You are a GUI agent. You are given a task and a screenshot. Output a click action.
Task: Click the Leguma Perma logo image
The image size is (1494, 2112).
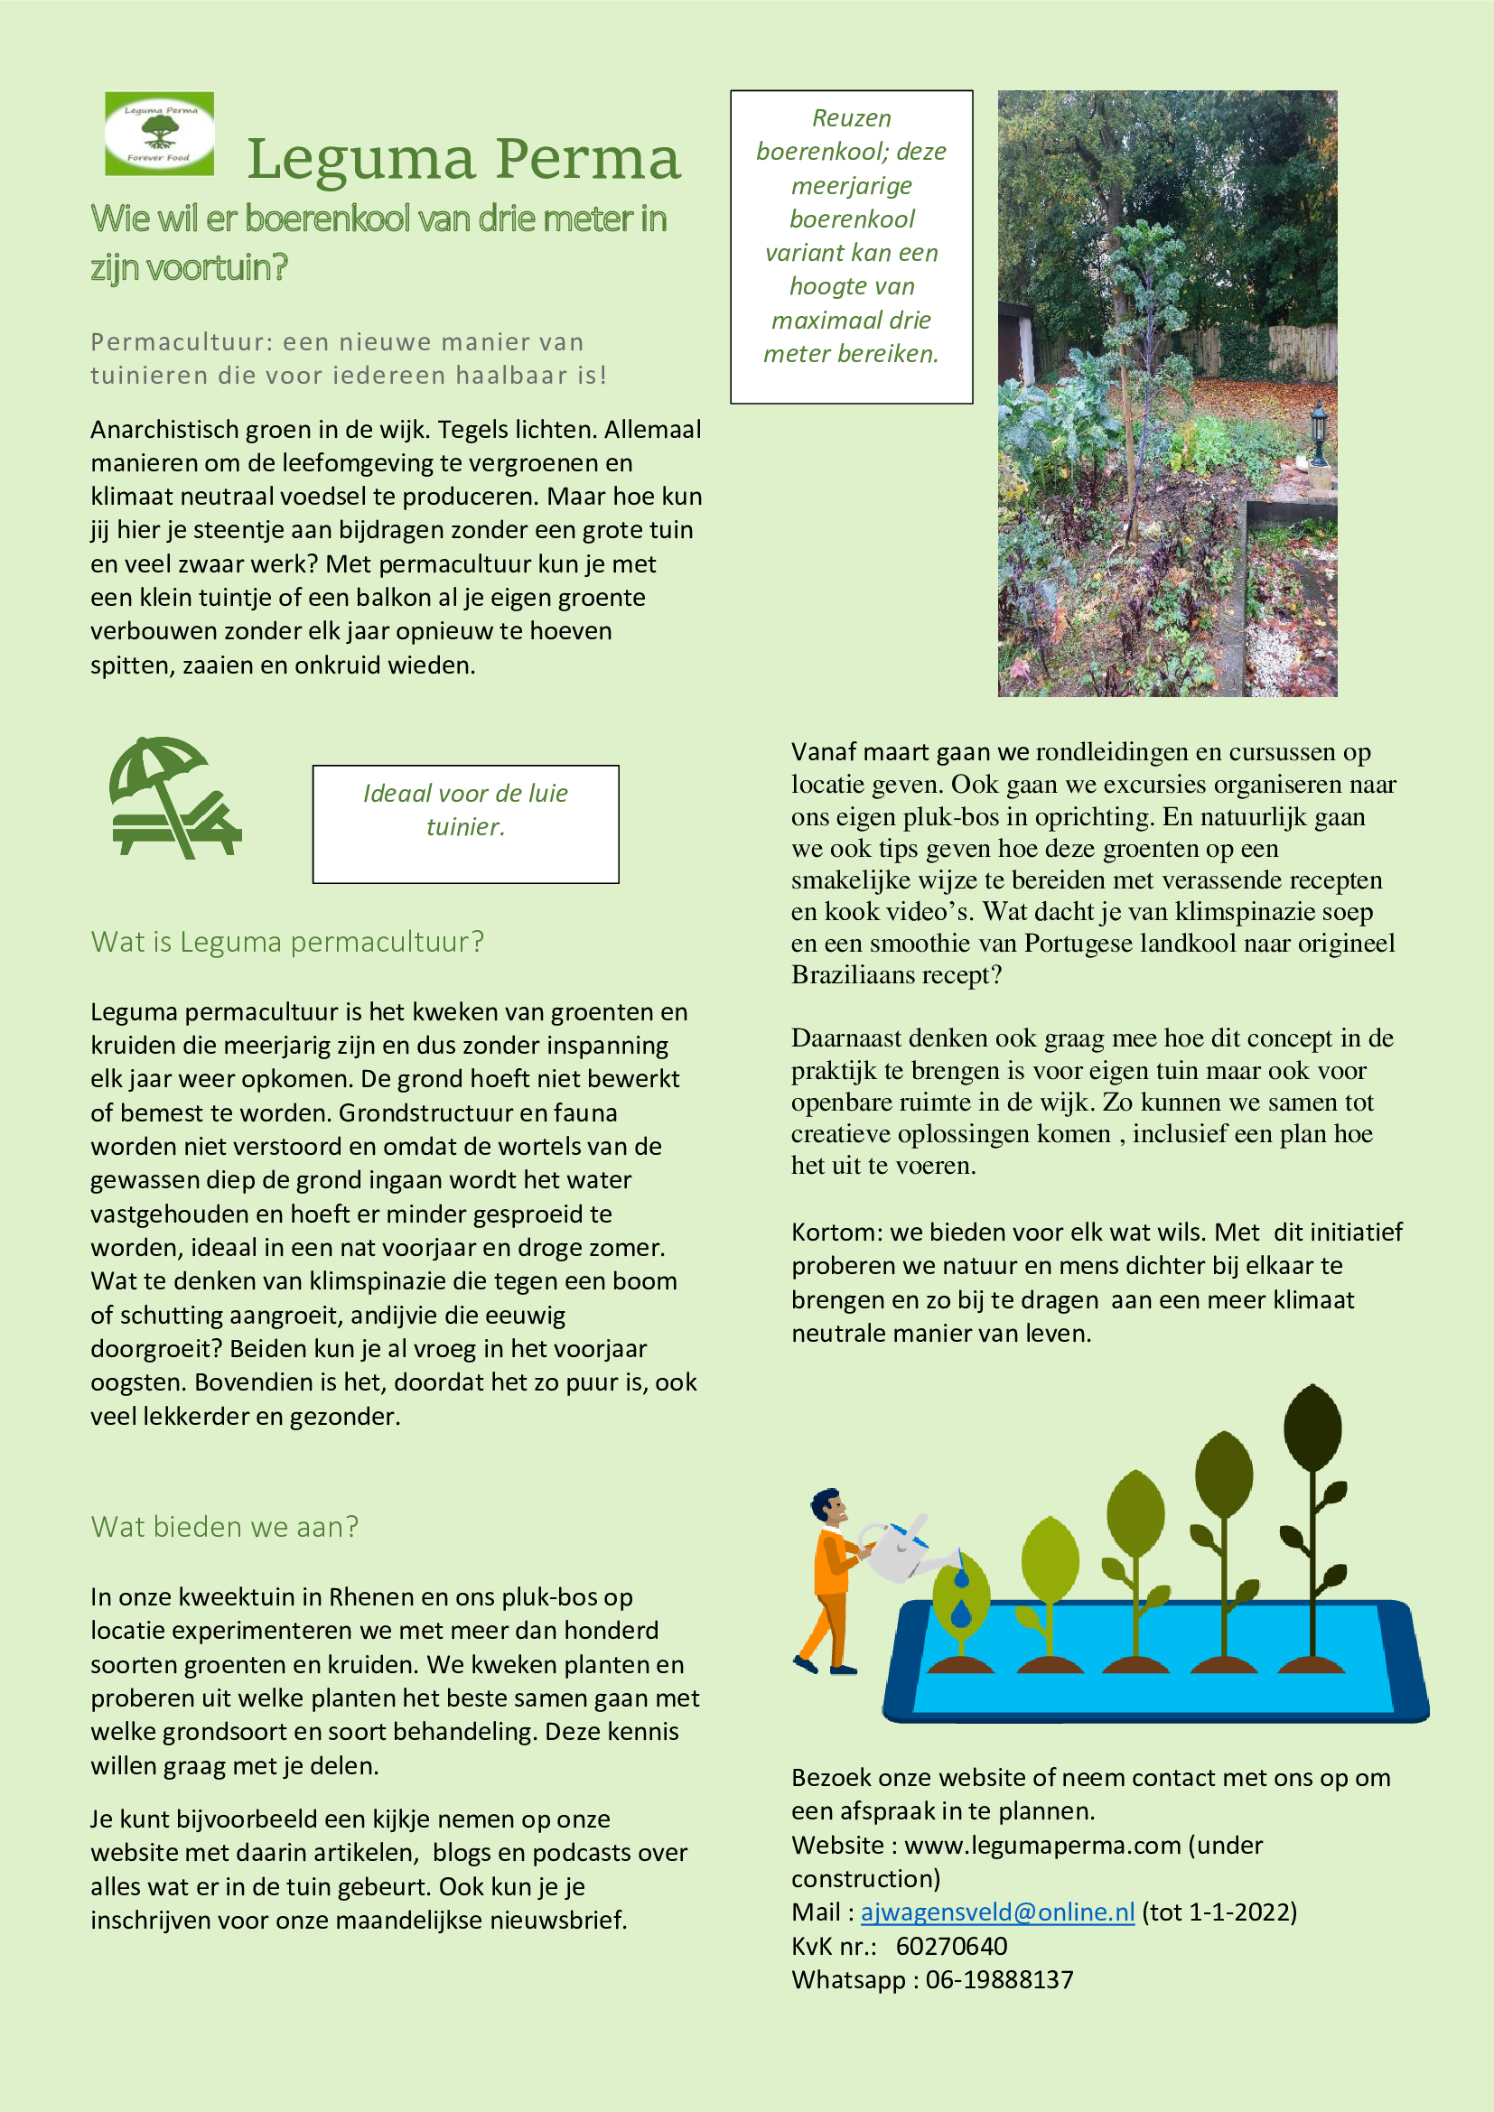[159, 134]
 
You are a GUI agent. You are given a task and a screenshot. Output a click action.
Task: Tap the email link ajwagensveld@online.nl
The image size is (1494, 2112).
[997, 1912]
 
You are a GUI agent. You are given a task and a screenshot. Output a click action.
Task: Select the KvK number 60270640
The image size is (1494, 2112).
[951, 1946]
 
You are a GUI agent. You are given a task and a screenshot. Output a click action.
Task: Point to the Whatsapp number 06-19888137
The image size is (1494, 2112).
[999, 1979]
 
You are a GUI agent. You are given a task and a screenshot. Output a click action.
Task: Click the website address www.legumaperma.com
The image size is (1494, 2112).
[1042, 1845]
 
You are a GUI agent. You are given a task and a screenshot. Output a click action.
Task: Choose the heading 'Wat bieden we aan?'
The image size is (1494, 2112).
[225, 1527]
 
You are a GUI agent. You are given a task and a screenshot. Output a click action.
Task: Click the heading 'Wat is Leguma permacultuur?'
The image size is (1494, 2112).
[287, 942]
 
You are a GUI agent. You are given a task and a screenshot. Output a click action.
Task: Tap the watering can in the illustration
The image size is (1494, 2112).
[896, 1549]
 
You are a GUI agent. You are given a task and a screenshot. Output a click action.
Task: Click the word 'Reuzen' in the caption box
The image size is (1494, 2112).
[851, 118]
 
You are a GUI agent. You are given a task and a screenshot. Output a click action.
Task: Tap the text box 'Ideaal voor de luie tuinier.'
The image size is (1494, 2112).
[465, 823]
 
